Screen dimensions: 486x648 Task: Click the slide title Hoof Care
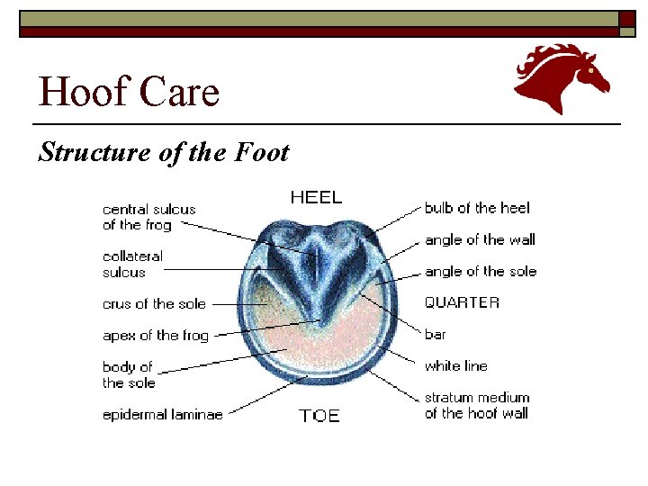(129, 92)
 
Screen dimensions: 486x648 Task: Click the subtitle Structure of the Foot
(163, 152)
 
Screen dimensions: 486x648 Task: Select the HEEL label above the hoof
(316, 197)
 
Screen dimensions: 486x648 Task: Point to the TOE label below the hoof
(319, 416)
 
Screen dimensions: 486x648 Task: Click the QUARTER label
(462, 302)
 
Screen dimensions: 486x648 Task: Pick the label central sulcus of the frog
(148, 217)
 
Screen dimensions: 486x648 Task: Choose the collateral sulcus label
(132, 264)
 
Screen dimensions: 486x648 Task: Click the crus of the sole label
(154, 304)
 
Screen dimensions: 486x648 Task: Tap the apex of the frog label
(155, 336)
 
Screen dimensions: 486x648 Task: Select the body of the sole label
(128, 374)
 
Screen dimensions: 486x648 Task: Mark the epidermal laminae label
(162, 414)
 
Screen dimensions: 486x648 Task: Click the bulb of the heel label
(477, 208)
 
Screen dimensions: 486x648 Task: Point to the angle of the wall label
(480, 239)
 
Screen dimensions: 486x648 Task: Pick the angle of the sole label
(481, 271)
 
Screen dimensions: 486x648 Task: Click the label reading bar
(436, 334)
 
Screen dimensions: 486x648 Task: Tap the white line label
(455, 365)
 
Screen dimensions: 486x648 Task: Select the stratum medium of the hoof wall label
(477, 405)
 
